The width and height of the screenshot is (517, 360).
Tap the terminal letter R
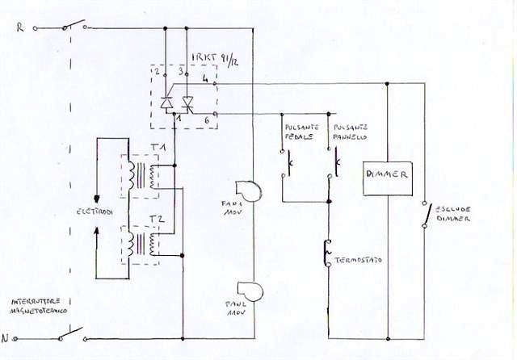pyautogui.click(x=19, y=27)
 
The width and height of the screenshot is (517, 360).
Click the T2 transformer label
pyautogui.click(x=158, y=219)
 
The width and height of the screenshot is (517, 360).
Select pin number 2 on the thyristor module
pyautogui.click(x=157, y=71)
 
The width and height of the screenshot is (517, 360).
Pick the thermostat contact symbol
pyautogui.click(x=327, y=253)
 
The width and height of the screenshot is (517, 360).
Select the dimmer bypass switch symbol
pyautogui.click(x=424, y=214)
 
